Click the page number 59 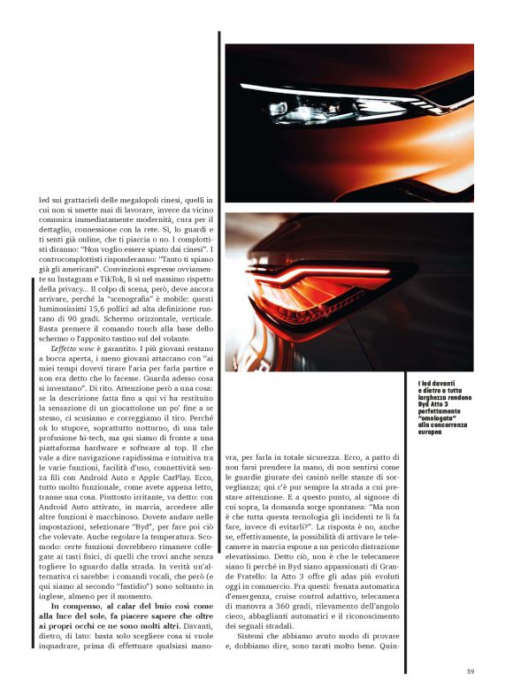tap(471, 671)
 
